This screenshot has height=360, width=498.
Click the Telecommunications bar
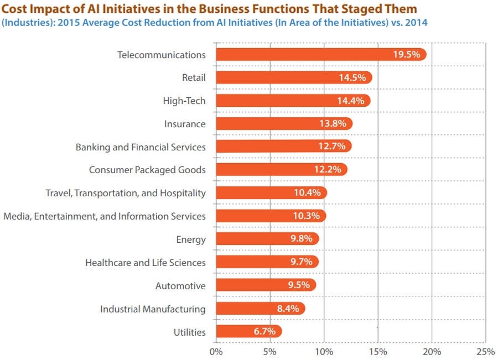tap(321, 54)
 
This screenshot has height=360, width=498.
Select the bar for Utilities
tap(248, 332)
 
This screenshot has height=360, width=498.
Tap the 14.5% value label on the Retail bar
tap(352, 77)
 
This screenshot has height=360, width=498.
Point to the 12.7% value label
tap(332, 147)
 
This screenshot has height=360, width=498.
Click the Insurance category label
tap(185, 124)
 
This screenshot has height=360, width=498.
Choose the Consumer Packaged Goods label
tap(147, 170)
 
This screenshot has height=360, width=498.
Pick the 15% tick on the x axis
tap(378, 351)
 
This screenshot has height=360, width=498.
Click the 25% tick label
tap(485, 351)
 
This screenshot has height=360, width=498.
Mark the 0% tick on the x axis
tap(216, 351)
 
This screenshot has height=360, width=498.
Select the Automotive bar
tap(266, 285)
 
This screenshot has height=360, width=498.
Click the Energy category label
tap(191, 239)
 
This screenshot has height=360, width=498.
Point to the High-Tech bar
tap(293, 101)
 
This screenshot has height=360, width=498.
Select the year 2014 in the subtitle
tap(416, 23)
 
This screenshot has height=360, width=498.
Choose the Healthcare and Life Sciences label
tap(146, 263)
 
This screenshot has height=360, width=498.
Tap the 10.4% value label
tap(307, 193)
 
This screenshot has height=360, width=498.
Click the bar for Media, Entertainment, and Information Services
tap(271, 216)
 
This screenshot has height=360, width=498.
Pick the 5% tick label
tap(269, 351)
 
